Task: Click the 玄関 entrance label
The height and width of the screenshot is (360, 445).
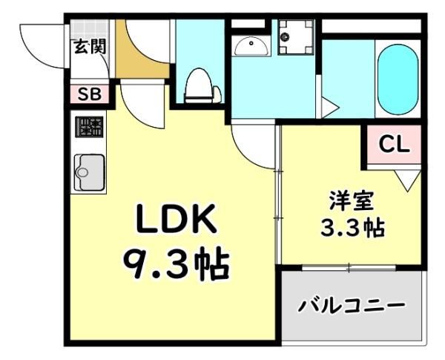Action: tap(90, 46)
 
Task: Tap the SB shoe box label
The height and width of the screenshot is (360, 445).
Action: tap(90, 94)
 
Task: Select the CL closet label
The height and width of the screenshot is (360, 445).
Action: tap(395, 145)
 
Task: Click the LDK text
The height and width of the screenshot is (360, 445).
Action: tap(177, 217)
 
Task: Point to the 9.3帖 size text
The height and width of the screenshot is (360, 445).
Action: tap(177, 263)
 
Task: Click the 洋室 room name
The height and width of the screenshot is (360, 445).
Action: tap(352, 200)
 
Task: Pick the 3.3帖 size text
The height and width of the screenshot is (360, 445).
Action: tap(352, 228)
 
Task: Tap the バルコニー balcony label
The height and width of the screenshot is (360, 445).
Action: tap(352, 306)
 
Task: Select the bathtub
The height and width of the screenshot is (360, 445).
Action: tap(398, 79)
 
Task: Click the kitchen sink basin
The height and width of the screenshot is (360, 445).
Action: tap(89, 172)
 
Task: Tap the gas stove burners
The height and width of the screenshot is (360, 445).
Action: tap(89, 127)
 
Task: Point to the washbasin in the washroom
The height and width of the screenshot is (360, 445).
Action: tap(251, 47)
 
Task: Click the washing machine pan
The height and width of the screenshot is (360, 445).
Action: tap(296, 36)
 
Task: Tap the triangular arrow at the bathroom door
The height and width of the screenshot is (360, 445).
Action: tap(330, 108)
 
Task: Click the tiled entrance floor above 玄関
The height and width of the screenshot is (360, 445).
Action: tap(90, 29)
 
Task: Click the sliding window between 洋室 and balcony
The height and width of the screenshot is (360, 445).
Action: tap(349, 268)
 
